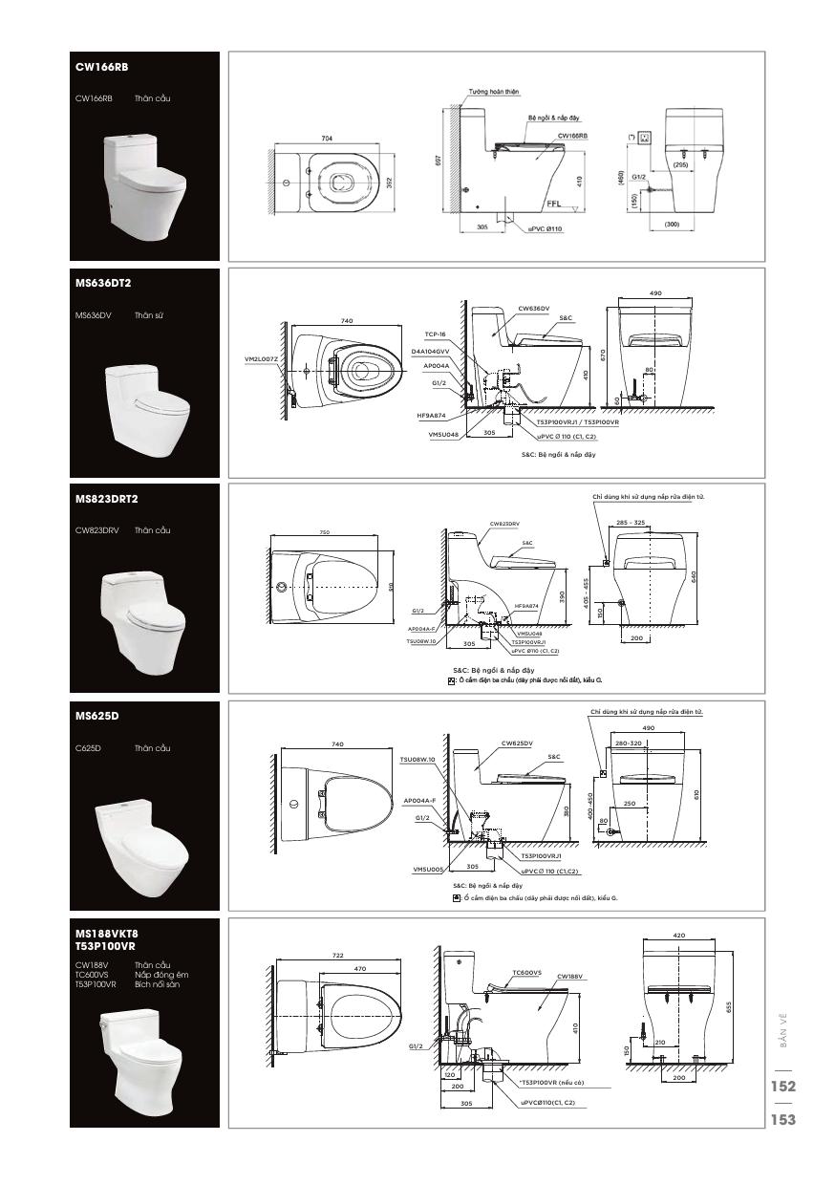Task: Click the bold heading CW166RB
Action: click(x=101, y=68)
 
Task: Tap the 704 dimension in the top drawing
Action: click(x=327, y=139)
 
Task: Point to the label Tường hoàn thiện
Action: click(x=494, y=92)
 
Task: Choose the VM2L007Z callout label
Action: click(x=261, y=359)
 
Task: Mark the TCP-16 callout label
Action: click(x=437, y=334)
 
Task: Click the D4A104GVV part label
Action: click(x=430, y=352)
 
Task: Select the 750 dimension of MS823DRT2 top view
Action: click(x=327, y=532)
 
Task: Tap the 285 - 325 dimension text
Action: click(x=631, y=523)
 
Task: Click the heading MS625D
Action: click(x=96, y=715)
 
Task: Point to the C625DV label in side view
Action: click(x=517, y=743)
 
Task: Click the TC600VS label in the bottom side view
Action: click(x=526, y=972)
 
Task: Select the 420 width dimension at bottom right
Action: click(x=679, y=936)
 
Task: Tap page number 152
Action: click(x=783, y=1086)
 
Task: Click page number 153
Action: click(x=783, y=1120)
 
